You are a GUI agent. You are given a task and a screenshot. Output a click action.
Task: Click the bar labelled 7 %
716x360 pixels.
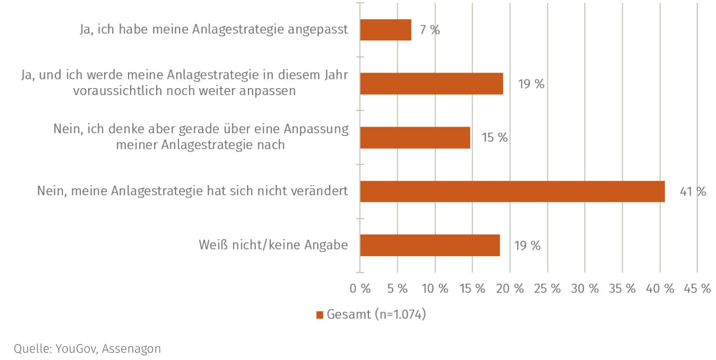click(x=385, y=30)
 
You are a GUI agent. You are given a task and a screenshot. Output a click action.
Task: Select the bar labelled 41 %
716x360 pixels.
click(x=512, y=191)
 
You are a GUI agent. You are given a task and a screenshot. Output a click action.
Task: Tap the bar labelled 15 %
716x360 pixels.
click(x=415, y=138)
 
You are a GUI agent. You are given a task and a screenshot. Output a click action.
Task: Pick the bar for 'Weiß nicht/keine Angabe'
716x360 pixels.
click(x=430, y=245)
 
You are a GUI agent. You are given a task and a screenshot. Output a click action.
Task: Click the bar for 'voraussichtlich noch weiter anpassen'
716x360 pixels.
click(x=431, y=84)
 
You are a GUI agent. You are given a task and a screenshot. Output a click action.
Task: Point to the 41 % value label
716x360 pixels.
click(x=693, y=192)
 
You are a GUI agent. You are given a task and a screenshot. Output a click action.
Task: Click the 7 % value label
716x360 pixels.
click(x=430, y=30)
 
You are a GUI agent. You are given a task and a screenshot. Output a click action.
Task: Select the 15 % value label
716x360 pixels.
click(x=494, y=138)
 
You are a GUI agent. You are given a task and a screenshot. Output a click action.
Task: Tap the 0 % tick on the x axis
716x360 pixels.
click(x=360, y=289)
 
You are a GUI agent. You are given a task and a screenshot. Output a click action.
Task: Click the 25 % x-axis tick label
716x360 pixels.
click(x=547, y=289)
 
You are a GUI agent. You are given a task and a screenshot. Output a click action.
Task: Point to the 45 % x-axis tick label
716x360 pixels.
click(x=697, y=289)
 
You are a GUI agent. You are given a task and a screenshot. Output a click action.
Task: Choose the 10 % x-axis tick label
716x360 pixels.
click(x=435, y=289)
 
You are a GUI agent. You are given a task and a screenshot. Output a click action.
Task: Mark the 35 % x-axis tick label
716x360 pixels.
click(x=622, y=289)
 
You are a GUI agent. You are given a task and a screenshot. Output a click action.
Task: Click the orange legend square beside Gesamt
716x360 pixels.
click(x=320, y=315)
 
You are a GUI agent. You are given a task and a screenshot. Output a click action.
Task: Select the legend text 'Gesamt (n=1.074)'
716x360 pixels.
click(x=376, y=314)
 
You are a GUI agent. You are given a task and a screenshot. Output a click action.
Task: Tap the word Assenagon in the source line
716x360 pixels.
click(x=131, y=349)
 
